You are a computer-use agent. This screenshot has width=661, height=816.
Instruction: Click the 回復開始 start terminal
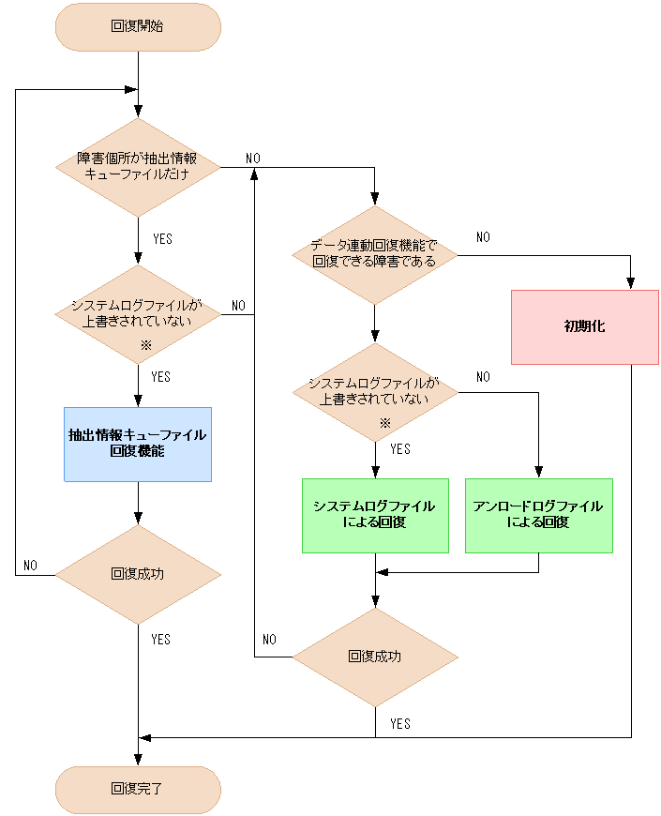pyautogui.click(x=138, y=26)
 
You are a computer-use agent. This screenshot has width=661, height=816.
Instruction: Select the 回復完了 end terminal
pyautogui.click(x=138, y=789)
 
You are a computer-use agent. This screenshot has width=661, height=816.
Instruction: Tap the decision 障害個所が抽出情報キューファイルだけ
pyautogui.click(x=138, y=167)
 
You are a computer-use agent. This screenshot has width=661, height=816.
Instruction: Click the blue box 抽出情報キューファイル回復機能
pyautogui.click(x=138, y=444)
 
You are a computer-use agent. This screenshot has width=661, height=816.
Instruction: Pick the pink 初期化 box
pyautogui.click(x=584, y=326)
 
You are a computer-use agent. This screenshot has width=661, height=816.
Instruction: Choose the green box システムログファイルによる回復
pyautogui.click(x=375, y=515)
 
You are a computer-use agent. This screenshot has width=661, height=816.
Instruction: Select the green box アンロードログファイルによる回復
pyautogui.click(x=538, y=515)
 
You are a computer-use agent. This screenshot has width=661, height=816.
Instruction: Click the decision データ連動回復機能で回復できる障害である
pyautogui.click(x=375, y=252)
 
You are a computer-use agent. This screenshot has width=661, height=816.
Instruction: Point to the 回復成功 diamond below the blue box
pyautogui.click(x=138, y=573)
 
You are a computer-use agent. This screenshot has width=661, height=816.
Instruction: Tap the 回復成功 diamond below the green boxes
pyautogui.click(x=375, y=656)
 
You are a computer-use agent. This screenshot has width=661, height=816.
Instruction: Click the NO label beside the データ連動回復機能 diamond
pyautogui.click(x=483, y=237)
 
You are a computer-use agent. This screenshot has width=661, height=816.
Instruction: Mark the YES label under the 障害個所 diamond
pyautogui.click(x=161, y=239)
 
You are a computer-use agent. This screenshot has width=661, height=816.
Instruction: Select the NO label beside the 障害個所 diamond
pyautogui.click(x=252, y=159)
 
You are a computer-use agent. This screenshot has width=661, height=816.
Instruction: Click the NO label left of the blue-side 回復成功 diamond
pyautogui.click(x=30, y=566)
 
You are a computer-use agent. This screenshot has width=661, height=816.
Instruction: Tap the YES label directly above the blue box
pyautogui.click(x=161, y=376)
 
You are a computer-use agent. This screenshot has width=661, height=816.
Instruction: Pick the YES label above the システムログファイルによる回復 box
pyautogui.click(x=399, y=449)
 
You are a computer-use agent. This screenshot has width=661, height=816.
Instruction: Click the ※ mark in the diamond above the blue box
pyautogui.click(x=145, y=345)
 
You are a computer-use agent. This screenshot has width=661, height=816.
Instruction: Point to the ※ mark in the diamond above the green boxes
pyautogui.click(x=383, y=422)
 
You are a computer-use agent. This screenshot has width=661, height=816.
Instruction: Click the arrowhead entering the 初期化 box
pyautogui.click(x=631, y=284)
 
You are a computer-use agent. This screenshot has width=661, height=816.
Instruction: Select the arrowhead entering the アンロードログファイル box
pyautogui.click(x=538, y=473)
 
